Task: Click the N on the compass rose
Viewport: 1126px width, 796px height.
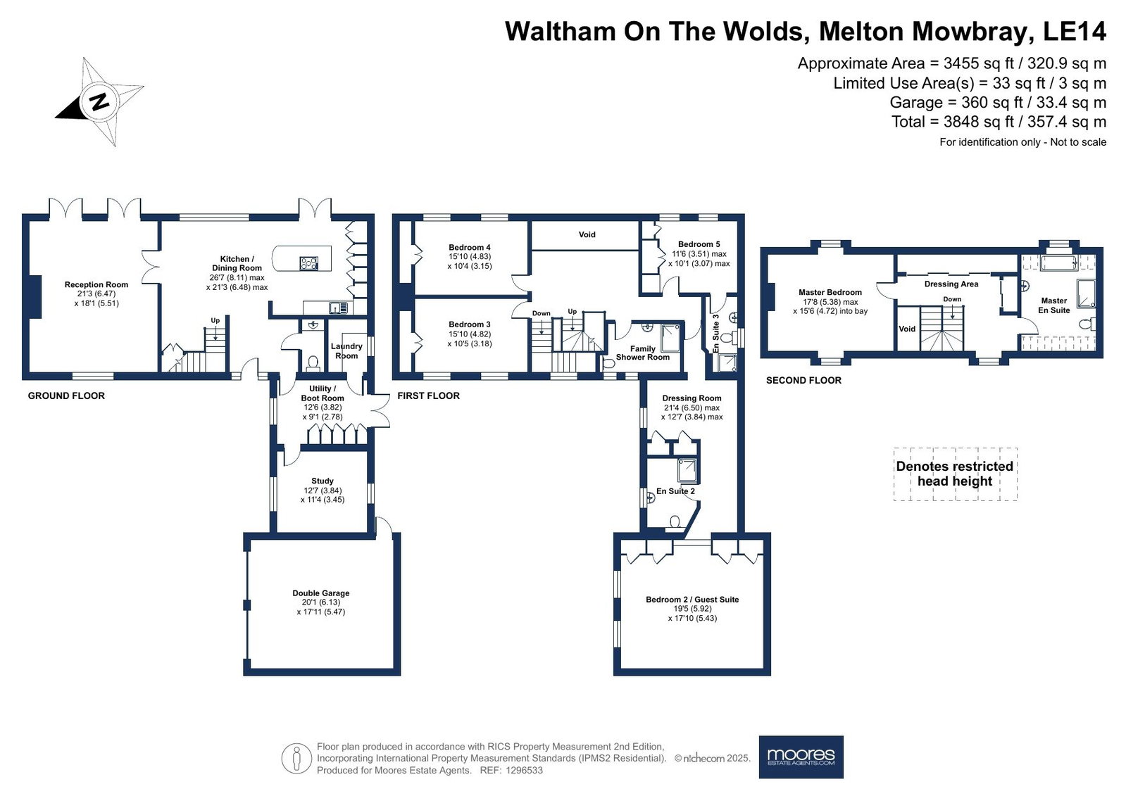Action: [x=99, y=102]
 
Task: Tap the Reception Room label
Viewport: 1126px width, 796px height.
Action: [x=96, y=284]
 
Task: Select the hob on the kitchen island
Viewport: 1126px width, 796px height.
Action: [x=308, y=263]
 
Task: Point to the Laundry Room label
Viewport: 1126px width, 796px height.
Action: [x=346, y=350]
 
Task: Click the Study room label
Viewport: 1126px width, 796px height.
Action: [x=323, y=481]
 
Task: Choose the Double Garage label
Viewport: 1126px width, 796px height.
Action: [x=320, y=593]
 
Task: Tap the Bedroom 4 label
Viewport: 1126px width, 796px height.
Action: [x=470, y=247]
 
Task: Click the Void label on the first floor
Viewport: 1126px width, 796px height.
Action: [x=587, y=234]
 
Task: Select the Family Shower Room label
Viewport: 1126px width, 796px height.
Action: [x=643, y=353]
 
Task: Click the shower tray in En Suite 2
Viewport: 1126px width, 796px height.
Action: [x=687, y=469]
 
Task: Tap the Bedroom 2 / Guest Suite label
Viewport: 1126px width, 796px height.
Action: [x=692, y=600]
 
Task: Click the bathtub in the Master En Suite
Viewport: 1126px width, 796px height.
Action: [x=1058, y=263]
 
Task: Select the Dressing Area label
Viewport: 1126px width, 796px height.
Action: [x=951, y=284]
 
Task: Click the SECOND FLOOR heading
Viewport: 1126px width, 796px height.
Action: [x=803, y=381]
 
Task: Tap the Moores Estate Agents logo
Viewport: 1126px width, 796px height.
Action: [x=801, y=757]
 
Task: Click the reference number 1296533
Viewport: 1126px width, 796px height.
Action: [x=525, y=771]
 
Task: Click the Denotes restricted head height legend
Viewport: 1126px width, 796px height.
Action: [x=955, y=474]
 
